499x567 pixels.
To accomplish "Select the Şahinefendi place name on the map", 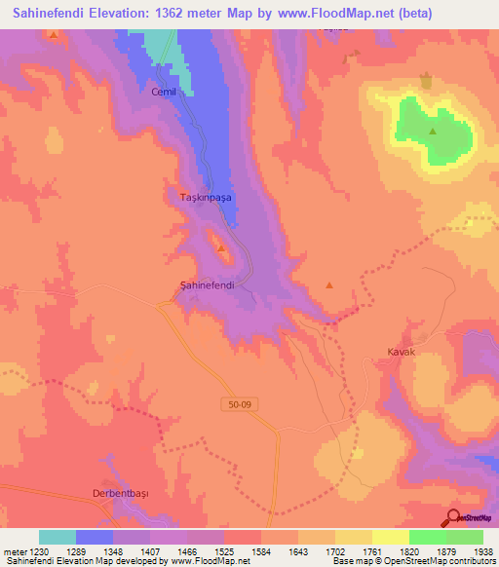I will [208, 284].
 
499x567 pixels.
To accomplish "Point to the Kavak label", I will [402, 351].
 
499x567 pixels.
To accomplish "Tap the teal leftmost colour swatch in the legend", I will [58, 537].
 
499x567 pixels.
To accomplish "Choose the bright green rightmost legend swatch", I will [465, 537].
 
